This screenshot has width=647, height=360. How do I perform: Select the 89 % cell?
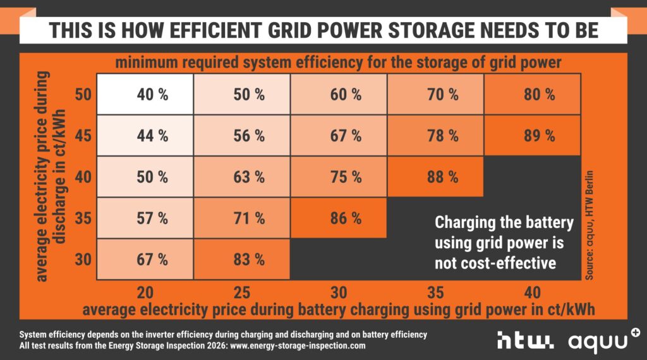coord(539,135)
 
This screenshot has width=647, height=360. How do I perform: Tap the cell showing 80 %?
coord(539,95)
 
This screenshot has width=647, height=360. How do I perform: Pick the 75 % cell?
coord(345,177)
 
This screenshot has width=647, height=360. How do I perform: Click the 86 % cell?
coord(345,219)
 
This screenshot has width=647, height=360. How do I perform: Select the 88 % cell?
coord(442,177)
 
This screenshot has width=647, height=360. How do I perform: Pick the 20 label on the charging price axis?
coord(145,292)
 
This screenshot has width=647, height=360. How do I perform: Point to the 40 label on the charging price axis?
coord(532,292)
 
